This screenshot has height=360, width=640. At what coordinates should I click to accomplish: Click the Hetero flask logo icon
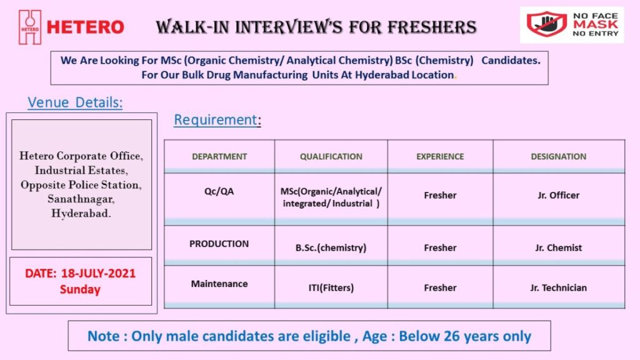(x=30, y=27)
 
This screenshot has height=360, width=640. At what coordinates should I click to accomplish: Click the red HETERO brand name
(x=85, y=27)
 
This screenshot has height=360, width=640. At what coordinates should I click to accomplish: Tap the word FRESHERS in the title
(x=432, y=27)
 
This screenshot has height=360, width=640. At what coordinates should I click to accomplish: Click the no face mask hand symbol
(x=546, y=24)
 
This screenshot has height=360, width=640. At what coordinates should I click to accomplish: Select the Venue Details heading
(x=75, y=102)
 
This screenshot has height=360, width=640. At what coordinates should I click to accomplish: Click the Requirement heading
(x=217, y=119)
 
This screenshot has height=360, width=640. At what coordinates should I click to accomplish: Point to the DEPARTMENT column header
(x=219, y=156)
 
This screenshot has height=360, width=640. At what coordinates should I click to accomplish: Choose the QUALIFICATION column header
(x=331, y=156)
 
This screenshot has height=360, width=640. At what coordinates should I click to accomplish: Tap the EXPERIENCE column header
(x=440, y=156)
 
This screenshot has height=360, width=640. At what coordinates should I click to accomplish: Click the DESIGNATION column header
(x=558, y=156)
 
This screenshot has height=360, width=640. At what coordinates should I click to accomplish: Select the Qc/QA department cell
(x=219, y=191)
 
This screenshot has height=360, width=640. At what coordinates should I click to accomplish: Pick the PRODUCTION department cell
(x=219, y=244)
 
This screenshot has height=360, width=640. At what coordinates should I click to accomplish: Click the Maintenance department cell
(x=219, y=284)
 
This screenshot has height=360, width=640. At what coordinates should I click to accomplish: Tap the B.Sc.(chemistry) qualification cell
(x=331, y=247)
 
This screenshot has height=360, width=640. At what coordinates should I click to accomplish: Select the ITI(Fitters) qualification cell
(x=331, y=287)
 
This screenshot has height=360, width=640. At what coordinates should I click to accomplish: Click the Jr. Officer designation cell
(x=558, y=195)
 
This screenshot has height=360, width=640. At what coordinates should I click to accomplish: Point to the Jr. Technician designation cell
(x=558, y=287)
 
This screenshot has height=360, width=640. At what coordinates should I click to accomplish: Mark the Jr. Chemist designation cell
(x=558, y=247)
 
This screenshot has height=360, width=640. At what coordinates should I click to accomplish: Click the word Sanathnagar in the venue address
(x=81, y=199)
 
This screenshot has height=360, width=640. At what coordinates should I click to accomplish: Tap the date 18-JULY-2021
(x=98, y=274)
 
